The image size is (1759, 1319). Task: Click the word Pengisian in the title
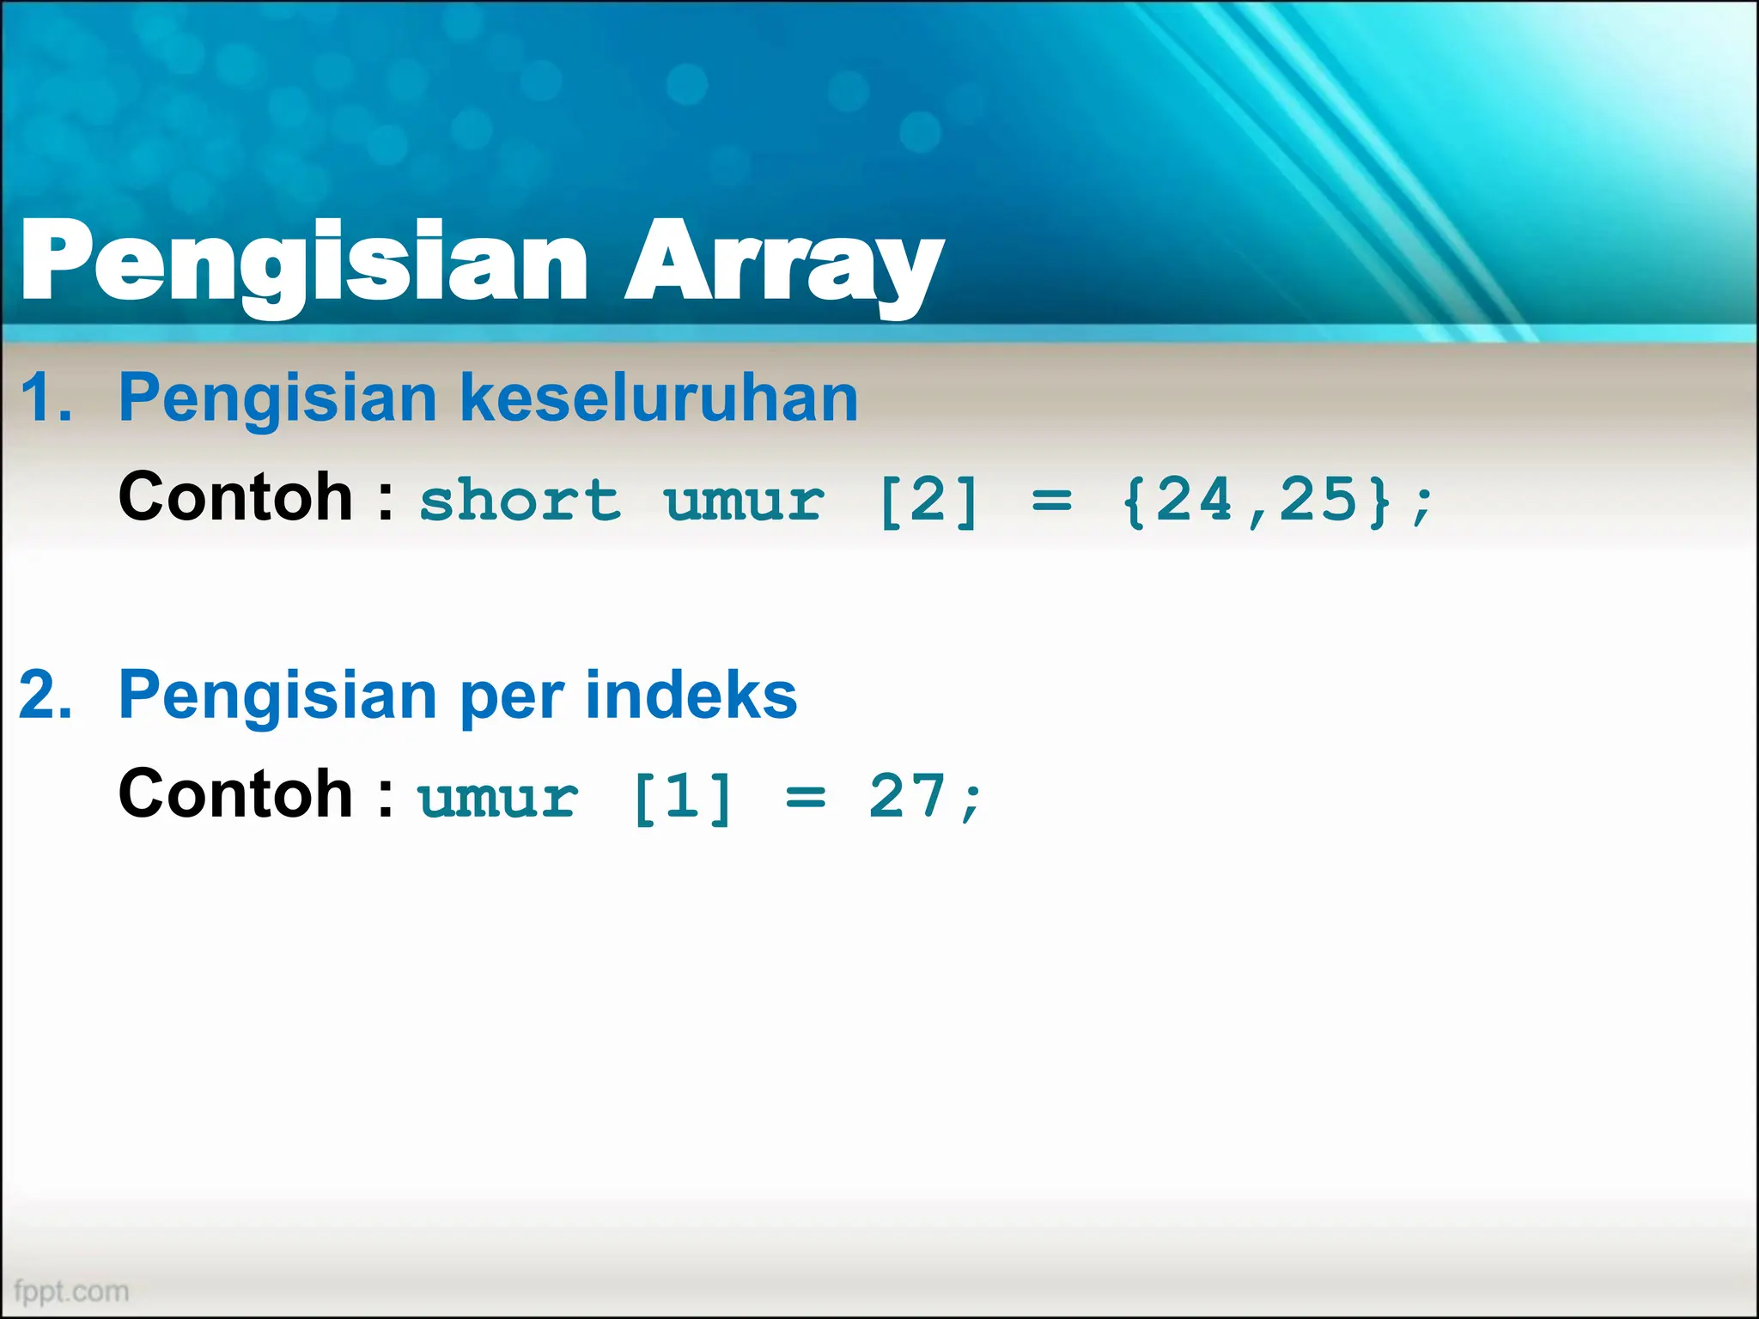[304, 261]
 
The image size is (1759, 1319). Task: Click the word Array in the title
[783, 261]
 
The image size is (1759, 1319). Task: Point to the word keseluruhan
[659, 398]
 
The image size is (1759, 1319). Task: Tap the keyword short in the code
[520, 501]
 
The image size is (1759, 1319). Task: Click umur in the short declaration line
[744, 501]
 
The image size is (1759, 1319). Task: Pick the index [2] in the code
[928, 501]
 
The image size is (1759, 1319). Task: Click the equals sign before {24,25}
[1051, 501]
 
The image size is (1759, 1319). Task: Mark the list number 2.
[45, 696]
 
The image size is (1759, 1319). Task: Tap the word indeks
[691, 696]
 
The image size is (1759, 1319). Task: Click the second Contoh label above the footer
[235, 794]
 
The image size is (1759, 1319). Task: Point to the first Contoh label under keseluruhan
[235, 497]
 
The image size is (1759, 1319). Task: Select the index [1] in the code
[682, 798]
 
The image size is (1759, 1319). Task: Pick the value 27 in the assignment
[907, 796]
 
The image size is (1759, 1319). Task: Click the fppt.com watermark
[72, 1292]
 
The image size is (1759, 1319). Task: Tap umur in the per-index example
[498, 798]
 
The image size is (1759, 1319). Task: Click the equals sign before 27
[806, 798]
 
